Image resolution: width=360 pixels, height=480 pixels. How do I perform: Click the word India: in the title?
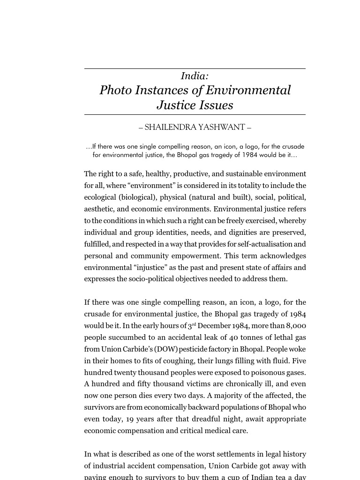195,76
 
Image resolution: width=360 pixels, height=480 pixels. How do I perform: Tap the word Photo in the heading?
115,90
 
